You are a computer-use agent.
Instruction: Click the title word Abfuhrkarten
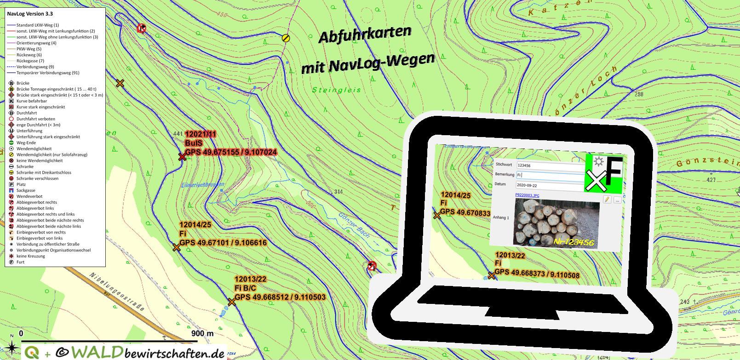(364, 34)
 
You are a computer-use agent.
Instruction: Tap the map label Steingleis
(337, 90)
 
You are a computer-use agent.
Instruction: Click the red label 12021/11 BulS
(201, 138)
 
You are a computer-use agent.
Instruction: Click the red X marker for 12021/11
(182, 157)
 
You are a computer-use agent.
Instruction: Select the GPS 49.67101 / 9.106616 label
(223, 243)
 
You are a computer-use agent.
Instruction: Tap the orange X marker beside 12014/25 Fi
(177, 247)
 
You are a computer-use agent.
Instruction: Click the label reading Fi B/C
(246, 288)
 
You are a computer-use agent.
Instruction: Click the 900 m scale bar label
(202, 333)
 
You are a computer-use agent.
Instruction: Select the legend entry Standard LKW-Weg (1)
(37, 25)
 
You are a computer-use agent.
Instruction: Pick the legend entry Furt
(20, 262)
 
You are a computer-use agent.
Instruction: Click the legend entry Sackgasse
(26, 190)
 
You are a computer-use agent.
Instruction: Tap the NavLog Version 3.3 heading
(30, 14)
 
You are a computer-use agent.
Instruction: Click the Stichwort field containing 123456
(550, 165)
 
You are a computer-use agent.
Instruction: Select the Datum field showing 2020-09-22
(550, 185)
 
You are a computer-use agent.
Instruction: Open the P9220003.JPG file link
(527, 195)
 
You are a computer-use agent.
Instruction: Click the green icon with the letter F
(604, 173)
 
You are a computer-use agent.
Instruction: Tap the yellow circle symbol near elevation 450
(286, 38)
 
